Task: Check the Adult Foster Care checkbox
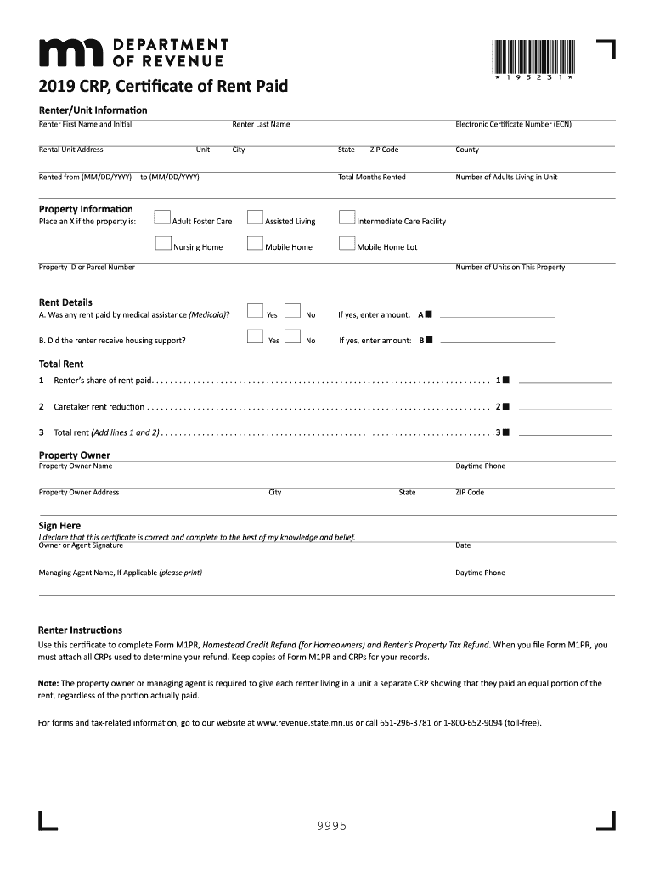coord(163,218)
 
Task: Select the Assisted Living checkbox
coord(254,218)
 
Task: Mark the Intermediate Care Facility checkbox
coord(346,218)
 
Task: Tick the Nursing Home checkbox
coord(163,244)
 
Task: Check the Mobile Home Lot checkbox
coord(346,244)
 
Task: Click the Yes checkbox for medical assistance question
coord(254,312)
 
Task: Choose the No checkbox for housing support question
coord(292,337)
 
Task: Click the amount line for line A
coord(498,315)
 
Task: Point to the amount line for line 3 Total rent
coord(565,433)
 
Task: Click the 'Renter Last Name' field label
coord(261,124)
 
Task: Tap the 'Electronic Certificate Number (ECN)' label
coord(513,124)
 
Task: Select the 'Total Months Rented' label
coord(371,178)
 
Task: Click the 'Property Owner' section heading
coord(75,455)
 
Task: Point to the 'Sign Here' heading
coord(59,526)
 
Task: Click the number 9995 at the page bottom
coord(327,826)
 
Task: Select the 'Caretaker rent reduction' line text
coord(99,407)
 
